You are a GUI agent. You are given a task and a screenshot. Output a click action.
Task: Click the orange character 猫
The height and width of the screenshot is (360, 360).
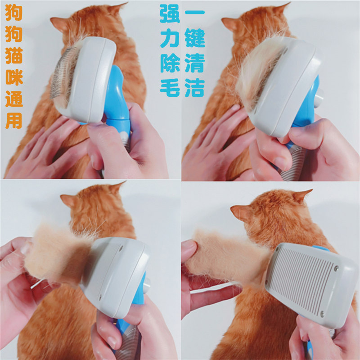point(14,55)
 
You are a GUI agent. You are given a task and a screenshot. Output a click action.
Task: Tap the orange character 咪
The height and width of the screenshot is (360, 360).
point(14,77)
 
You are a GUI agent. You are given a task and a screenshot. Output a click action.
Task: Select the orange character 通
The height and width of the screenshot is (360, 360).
point(14,99)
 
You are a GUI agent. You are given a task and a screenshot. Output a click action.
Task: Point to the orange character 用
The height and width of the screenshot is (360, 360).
point(14,120)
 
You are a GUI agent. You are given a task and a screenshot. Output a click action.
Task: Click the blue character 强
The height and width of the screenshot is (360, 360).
point(170,14)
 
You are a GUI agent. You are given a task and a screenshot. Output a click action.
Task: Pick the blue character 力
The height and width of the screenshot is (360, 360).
point(170,38)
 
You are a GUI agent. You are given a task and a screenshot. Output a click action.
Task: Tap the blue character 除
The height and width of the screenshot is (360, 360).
point(170,63)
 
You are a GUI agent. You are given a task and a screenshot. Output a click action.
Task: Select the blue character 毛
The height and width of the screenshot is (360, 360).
point(170,87)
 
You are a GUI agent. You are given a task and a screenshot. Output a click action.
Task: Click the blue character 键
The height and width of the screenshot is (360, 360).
point(195,38)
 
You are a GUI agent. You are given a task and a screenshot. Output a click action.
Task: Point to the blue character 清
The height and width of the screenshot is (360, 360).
point(195,63)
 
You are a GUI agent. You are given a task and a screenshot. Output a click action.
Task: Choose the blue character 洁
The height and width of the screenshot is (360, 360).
point(195,87)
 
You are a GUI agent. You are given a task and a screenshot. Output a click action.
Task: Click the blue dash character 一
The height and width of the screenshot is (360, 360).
point(195,12)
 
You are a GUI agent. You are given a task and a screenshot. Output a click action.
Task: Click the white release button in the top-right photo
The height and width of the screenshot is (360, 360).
point(319,98)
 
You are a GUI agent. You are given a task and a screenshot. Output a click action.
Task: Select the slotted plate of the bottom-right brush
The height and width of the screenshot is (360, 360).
point(302,280)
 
